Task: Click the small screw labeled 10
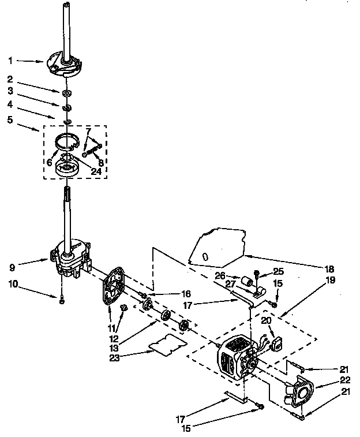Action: [x=61, y=300]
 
